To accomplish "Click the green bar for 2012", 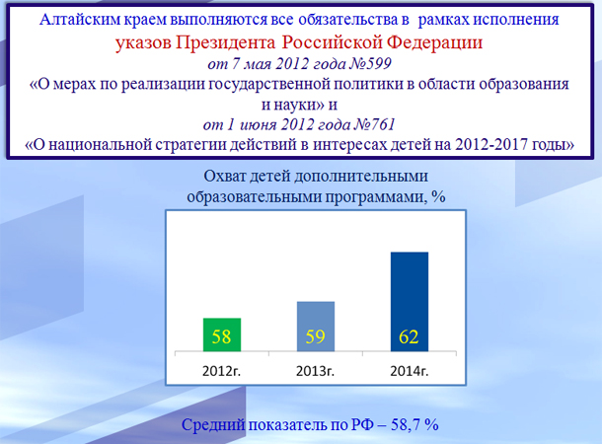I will (x=221, y=333).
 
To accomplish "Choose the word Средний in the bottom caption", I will (x=213, y=425).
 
